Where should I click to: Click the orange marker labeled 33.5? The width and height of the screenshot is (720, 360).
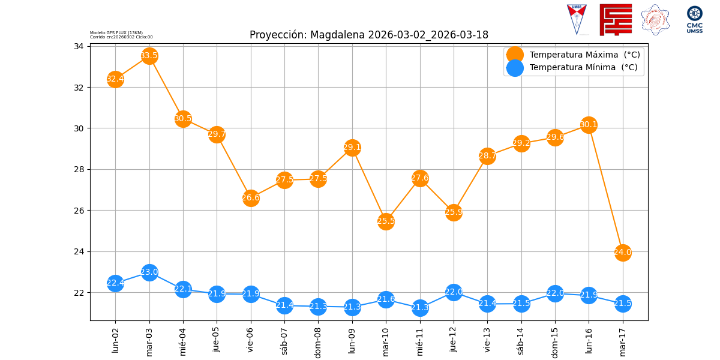tap(149, 56)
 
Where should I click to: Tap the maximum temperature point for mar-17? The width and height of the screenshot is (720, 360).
tap(623, 252)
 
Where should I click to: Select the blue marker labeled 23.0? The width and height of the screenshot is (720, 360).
tap(149, 272)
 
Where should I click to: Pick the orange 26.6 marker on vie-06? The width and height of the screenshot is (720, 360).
tap(251, 198)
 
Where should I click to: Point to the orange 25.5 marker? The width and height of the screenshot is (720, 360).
tap(386, 221)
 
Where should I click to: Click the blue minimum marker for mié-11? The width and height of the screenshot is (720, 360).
tap(420, 308)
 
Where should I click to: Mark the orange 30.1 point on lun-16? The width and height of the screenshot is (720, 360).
tap(589, 125)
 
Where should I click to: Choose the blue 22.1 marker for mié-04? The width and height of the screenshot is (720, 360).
tap(183, 289)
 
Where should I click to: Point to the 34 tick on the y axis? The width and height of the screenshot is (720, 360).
tap(79, 46)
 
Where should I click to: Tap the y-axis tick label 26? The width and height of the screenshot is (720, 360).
tap(79, 211)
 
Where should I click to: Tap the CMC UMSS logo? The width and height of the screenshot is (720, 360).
tap(695, 20)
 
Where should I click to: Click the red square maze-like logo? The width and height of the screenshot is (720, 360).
tap(616, 20)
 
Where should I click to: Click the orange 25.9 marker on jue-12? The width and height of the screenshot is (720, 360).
tap(454, 212)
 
